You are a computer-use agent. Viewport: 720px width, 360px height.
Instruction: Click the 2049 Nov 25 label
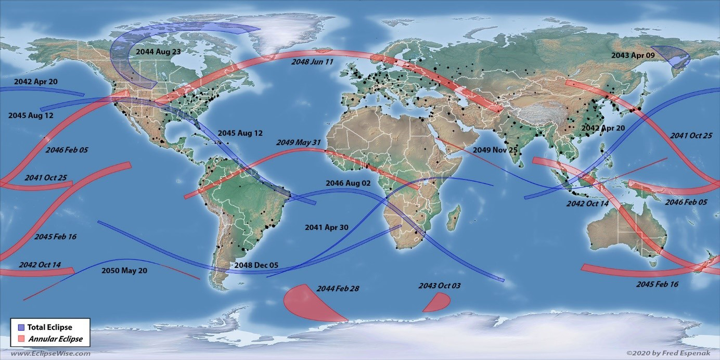pos(494,150)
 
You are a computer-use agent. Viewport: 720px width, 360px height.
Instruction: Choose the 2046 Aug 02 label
pos(348,183)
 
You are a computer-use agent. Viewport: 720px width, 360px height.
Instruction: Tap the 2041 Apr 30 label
pos(327,227)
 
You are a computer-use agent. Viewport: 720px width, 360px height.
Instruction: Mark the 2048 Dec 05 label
pos(256,265)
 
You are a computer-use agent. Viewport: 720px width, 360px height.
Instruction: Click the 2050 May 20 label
pos(124,271)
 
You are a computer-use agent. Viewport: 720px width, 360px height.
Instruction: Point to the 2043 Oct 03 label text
pos(440,286)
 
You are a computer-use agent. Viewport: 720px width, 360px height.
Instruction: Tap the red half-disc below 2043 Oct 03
pos(438,303)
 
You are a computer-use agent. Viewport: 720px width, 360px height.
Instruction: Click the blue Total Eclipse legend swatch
pos(21,327)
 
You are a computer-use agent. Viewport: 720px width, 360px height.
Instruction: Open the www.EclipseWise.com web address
pos(50,354)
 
